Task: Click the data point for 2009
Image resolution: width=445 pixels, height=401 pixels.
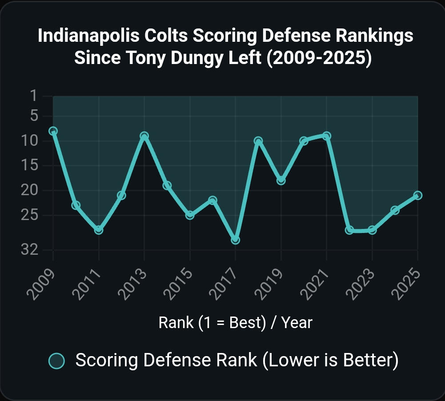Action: click(53, 131)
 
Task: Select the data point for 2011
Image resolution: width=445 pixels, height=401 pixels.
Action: click(99, 230)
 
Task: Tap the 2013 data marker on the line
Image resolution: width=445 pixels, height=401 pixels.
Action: click(144, 136)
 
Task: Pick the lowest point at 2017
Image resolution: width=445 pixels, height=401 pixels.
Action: click(235, 240)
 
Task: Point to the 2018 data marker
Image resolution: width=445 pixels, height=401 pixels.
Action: click(258, 141)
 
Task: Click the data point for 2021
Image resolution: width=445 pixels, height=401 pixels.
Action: click(326, 136)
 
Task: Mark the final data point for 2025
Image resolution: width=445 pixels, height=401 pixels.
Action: click(417, 195)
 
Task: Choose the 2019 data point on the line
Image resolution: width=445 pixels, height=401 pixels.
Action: click(281, 180)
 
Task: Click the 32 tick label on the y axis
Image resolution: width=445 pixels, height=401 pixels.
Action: click(29, 250)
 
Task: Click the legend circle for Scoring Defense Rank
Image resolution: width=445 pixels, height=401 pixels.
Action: click(56, 361)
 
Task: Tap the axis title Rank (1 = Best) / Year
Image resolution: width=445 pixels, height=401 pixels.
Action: click(235, 322)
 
